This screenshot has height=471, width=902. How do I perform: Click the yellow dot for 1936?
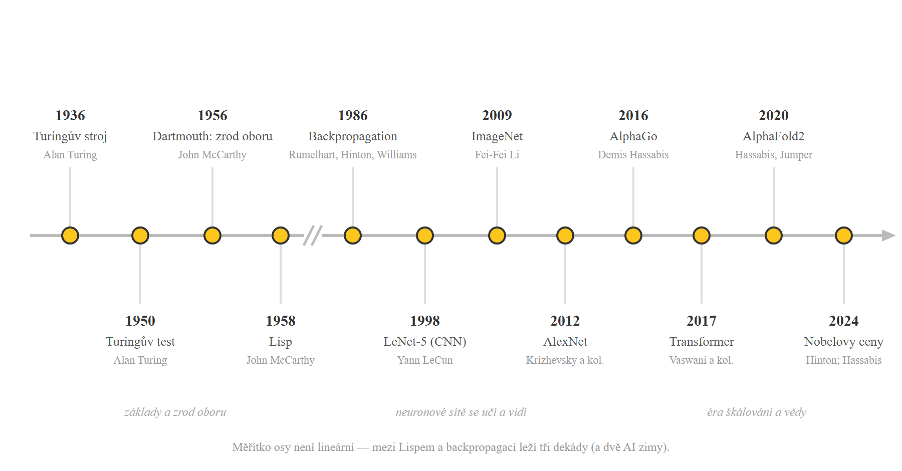point(70,235)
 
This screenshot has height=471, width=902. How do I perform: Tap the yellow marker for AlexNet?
point(565,235)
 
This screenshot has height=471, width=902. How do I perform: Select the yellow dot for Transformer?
point(702,235)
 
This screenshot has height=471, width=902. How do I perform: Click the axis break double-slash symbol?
point(313,235)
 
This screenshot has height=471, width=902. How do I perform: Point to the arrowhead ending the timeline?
point(888,235)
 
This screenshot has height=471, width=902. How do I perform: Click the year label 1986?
point(353,116)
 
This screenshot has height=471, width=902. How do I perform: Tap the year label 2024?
point(844,321)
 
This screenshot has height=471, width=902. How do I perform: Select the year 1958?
point(281,321)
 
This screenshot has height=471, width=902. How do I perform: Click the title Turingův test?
point(140,342)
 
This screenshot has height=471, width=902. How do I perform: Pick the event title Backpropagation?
point(353,137)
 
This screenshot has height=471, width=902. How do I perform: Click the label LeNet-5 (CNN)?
point(425,342)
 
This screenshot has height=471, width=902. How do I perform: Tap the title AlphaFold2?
point(774,136)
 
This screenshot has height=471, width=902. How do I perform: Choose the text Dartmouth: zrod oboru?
point(212,136)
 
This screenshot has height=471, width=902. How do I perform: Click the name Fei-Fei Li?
point(497,155)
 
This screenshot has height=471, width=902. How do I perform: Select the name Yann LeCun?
point(425,360)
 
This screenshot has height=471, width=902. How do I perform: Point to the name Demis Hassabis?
point(633,155)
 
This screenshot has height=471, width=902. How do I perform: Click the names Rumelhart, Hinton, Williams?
point(353,155)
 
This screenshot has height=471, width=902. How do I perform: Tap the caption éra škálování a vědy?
point(757,412)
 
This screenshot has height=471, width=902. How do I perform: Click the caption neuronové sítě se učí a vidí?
point(461,412)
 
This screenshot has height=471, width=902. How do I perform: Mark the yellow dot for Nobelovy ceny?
point(844,235)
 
